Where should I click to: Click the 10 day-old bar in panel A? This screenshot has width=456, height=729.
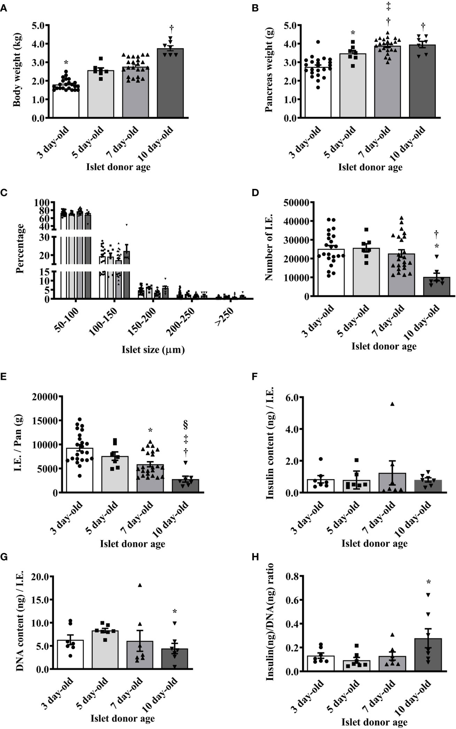170,83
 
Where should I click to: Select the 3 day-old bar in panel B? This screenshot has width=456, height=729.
318,92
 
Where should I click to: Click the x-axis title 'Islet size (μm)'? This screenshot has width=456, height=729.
153,350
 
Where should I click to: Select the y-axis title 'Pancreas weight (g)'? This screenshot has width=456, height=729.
269,71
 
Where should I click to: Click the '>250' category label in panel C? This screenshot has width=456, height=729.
224,316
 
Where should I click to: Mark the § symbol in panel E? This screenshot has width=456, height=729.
186,424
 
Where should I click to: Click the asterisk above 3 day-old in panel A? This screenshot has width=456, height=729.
66,62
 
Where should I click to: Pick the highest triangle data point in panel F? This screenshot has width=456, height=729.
391,404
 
